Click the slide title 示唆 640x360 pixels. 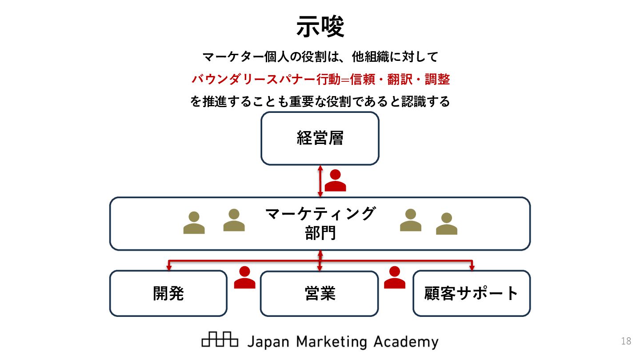tap(320, 27)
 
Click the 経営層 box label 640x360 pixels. tap(320, 138)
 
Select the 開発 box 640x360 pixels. tap(168, 293)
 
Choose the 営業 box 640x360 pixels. tap(320, 293)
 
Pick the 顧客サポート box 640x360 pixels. tap(472, 293)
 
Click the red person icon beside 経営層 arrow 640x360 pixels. tap(335, 180)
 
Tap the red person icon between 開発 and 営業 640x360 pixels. tap(244, 278)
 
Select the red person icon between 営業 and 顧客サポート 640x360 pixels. tap(395, 278)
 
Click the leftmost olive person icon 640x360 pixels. tap(194, 223)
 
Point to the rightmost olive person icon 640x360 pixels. tap(447, 224)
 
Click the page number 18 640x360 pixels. tap(626, 341)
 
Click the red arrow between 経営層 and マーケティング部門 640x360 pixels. tap(320, 181)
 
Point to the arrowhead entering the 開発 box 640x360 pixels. tap(169, 268)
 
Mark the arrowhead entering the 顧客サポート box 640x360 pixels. tap(472, 268)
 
